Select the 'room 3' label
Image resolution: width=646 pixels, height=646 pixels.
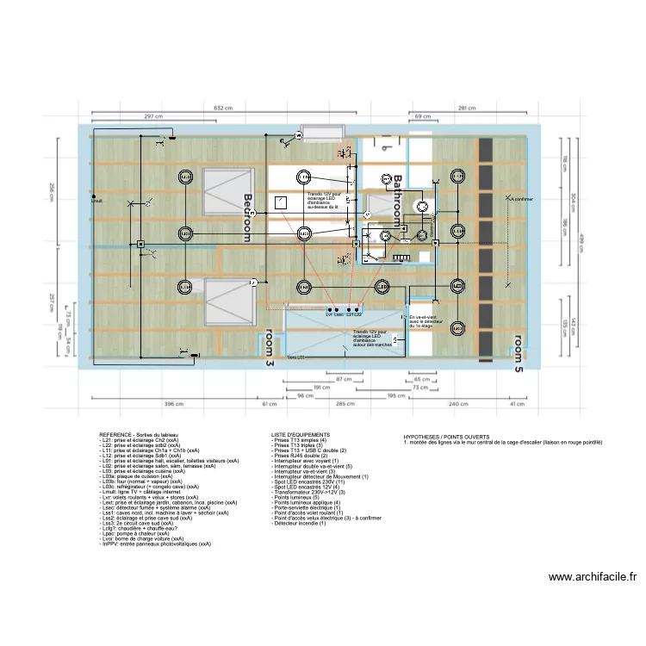(x=269, y=349)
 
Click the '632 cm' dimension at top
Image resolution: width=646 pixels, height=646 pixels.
(x=223, y=109)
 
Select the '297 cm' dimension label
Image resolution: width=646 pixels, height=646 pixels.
(x=153, y=116)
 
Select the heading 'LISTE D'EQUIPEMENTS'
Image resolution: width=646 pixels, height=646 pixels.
(x=299, y=435)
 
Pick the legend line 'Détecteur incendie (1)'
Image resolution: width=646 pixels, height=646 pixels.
(x=298, y=524)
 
